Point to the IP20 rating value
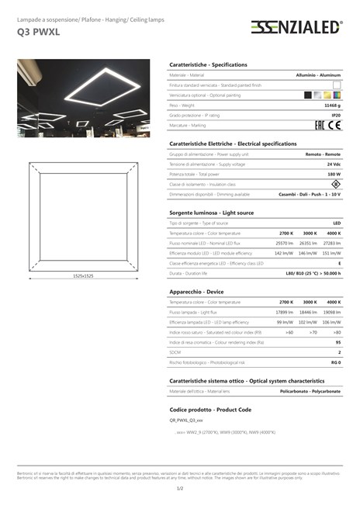click(x=336, y=114)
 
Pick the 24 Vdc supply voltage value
click(x=334, y=164)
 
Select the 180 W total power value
click(x=334, y=175)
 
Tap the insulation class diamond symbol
click(x=335, y=184)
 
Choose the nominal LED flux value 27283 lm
click(x=332, y=243)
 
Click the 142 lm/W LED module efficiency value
click(x=284, y=253)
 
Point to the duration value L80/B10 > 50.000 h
click(x=313, y=273)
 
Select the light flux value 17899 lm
click(x=284, y=312)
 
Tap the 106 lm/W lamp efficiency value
click(x=332, y=322)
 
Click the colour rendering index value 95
click(x=337, y=341)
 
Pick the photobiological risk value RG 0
click(x=336, y=362)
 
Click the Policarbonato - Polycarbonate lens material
click(x=310, y=391)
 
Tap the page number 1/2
click(x=180, y=488)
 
